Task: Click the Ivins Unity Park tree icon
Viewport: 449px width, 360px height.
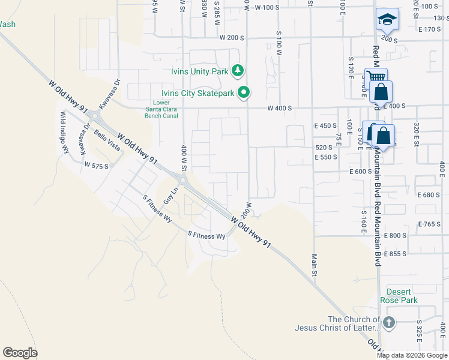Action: [x=238, y=71]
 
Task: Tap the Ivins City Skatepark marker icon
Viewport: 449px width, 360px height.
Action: [x=243, y=92]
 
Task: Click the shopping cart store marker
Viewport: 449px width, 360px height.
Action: [x=375, y=77]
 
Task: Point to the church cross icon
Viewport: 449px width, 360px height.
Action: [x=388, y=323]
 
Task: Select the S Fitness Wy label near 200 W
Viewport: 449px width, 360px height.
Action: [x=206, y=236]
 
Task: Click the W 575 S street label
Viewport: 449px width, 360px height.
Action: [x=96, y=164]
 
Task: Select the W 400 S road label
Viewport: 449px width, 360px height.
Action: [x=279, y=109]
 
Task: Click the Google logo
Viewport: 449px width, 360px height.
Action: [x=20, y=353]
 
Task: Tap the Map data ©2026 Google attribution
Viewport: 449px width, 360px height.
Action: [x=413, y=355]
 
